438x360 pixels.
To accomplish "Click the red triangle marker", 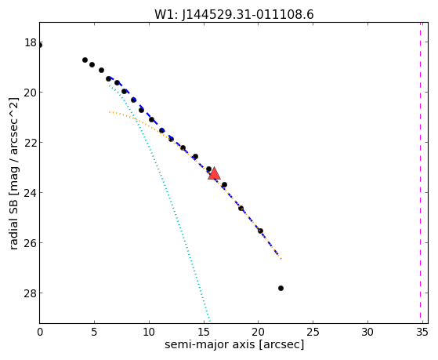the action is point(214,173).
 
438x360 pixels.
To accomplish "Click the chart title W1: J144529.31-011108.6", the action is point(234,15).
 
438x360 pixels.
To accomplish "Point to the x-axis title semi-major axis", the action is point(210,344).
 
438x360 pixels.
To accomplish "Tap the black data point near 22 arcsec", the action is point(281,288).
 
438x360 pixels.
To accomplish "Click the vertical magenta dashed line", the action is point(420,173).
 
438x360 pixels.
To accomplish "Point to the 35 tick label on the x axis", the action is point(422,332).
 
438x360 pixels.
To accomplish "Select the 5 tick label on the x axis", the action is point(94,332).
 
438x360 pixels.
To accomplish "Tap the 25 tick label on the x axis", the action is point(313,332).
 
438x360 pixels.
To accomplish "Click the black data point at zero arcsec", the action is point(40,45).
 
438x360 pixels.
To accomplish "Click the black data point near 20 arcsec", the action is point(260,231).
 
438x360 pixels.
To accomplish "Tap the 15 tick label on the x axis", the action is point(204,332).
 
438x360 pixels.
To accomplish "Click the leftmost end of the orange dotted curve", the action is point(109,112).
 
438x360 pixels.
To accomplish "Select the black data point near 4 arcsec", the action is point(85,60).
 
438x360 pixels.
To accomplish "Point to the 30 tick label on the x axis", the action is point(367,332).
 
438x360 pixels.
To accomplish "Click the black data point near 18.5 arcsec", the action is point(241,208).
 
